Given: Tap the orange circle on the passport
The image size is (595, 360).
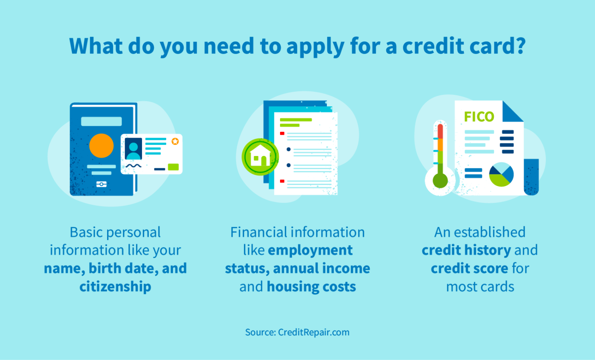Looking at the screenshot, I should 102,146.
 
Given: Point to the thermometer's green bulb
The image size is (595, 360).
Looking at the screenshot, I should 440,181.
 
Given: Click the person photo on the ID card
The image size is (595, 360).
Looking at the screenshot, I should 133,148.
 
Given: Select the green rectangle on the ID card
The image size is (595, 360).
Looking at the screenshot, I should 173,167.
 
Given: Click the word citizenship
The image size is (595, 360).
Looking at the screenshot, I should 115,286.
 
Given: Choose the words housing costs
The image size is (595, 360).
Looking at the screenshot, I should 311,286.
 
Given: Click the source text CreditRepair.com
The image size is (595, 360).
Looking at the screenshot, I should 314,332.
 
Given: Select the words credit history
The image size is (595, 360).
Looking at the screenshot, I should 466,250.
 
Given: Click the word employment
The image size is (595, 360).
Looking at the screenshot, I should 310,250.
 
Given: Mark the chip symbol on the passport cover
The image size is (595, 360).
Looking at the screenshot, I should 102,184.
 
